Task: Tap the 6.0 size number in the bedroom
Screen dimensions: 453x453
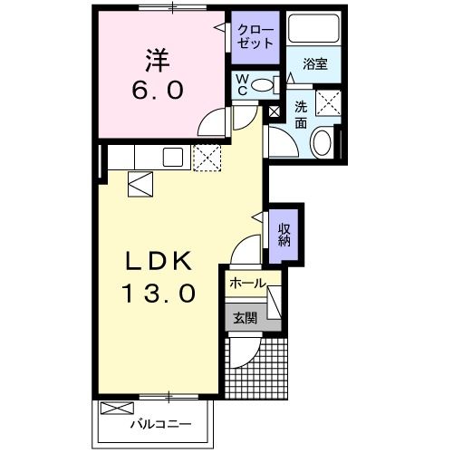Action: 160,91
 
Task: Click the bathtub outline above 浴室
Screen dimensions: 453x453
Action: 313,30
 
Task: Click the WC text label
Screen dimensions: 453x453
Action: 241,85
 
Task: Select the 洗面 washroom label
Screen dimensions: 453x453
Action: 301,113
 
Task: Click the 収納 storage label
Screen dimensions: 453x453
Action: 284,234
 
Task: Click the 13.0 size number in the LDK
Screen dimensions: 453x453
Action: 160,294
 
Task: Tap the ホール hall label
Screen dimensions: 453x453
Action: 246,284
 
